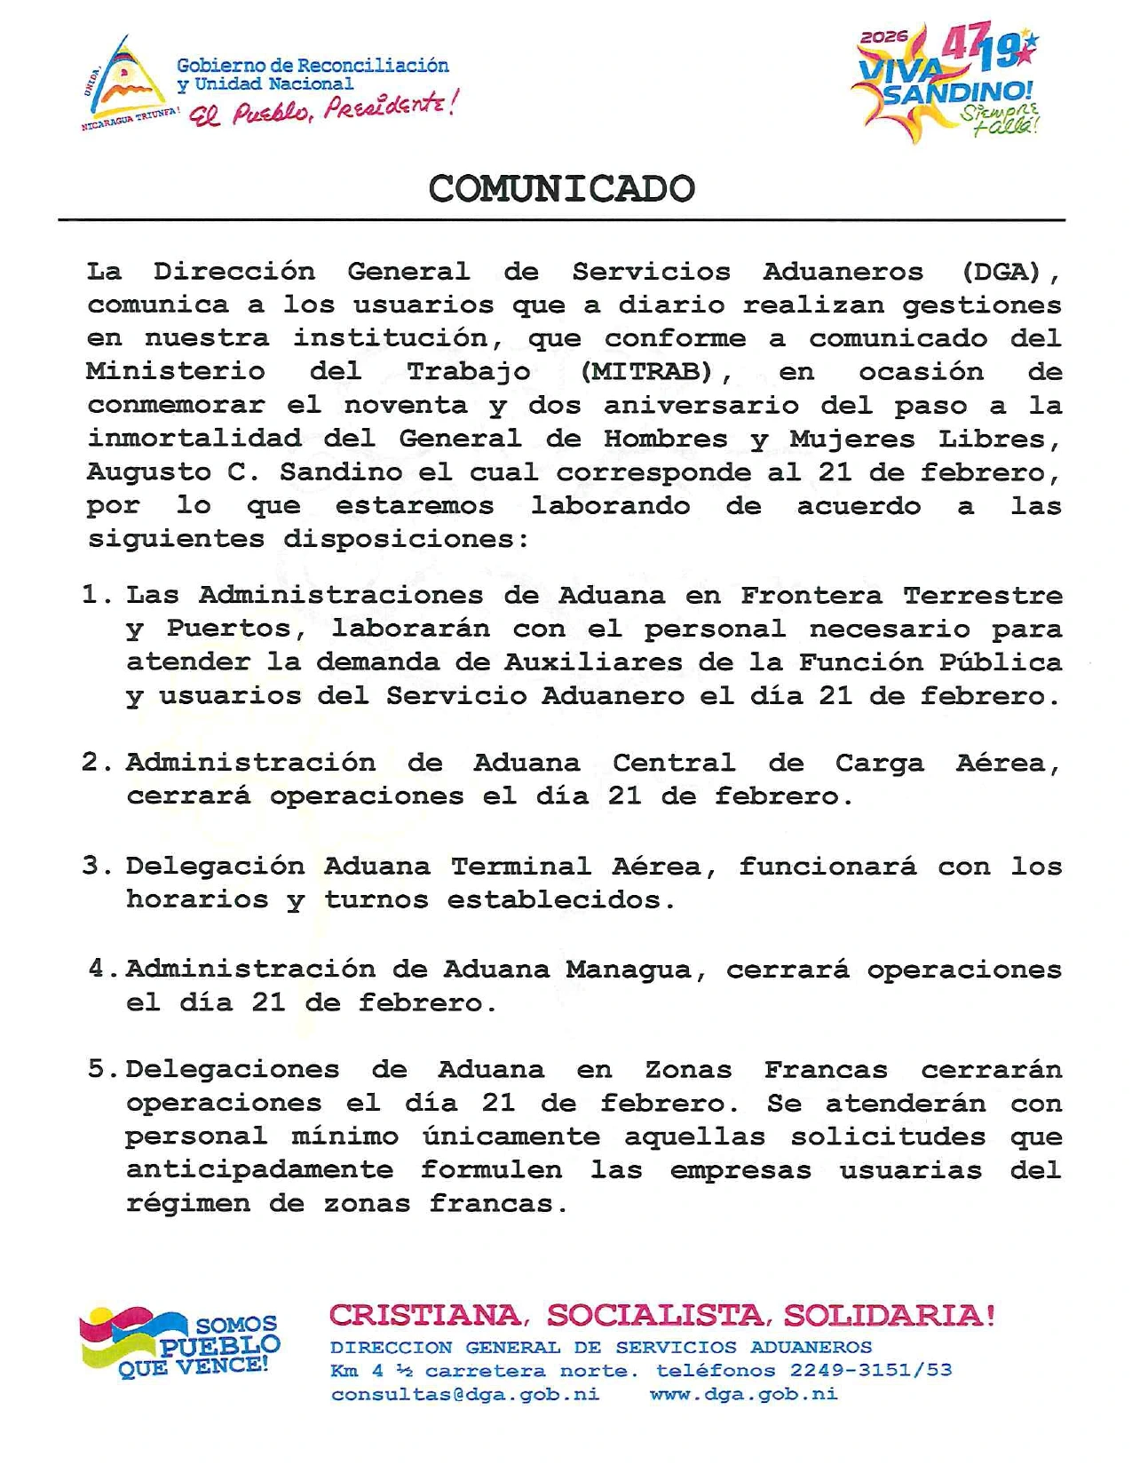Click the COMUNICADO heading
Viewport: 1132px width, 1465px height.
(561, 189)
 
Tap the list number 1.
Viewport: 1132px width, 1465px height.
(92, 595)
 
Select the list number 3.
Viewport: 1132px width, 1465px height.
(93, 866)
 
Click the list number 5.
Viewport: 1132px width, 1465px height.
(98, 1069)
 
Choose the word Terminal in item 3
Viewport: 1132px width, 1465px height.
(520, 866)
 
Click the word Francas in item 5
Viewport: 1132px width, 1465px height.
(826, 1070)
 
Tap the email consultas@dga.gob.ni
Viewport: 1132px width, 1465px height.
(465, 1394)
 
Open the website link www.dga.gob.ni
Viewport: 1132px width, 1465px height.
(744, 1394)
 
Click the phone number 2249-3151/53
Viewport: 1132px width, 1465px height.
(871, 1370)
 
